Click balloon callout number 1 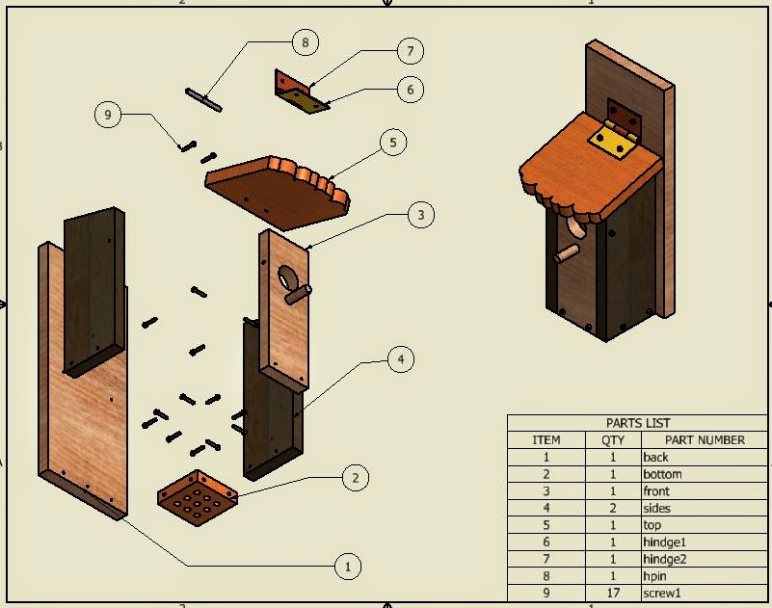tap(347, 567)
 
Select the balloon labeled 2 tap(355, 477)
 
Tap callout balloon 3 tap(420, 215)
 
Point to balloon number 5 tap(392, 143)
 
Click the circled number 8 tap(305, 42)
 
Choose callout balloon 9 tap(108, 115)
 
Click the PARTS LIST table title tap(638, 422)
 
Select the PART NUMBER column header tap(693, 439)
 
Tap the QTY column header tap(613, 439)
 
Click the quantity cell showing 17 tap(613, 593)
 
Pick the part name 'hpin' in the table tap(655, 576)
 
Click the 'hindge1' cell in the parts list tap(665, 542)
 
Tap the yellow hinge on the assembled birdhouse tap(613, 140)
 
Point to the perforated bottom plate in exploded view tap(198, 498)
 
